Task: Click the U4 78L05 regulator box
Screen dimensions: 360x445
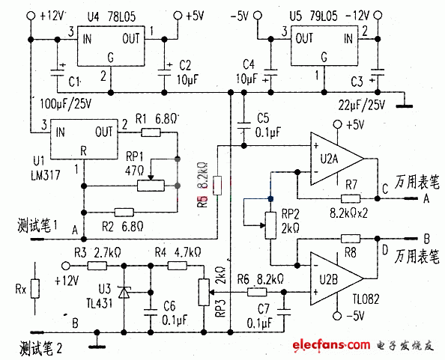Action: coord(111,45)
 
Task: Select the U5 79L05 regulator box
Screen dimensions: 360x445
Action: coord(324,45)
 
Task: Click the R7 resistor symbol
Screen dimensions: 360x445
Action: coord(350,199)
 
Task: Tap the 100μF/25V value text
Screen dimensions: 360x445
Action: coord(64,101)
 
